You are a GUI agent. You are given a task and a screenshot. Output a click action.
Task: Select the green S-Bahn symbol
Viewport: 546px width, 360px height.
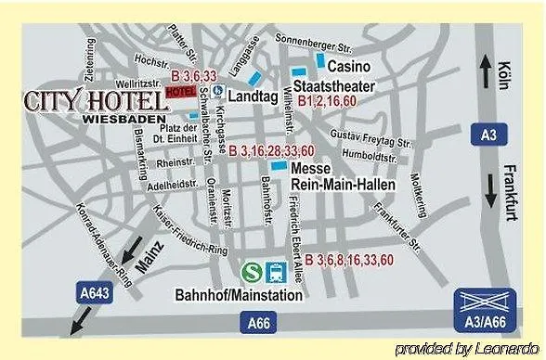point(250,271)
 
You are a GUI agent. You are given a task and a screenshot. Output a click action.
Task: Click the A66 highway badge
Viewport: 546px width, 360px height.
point(260,323)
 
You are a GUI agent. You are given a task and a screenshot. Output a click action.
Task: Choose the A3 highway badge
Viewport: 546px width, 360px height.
point(488,136)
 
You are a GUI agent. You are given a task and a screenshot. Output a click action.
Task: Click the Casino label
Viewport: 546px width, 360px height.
point(350,66)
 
